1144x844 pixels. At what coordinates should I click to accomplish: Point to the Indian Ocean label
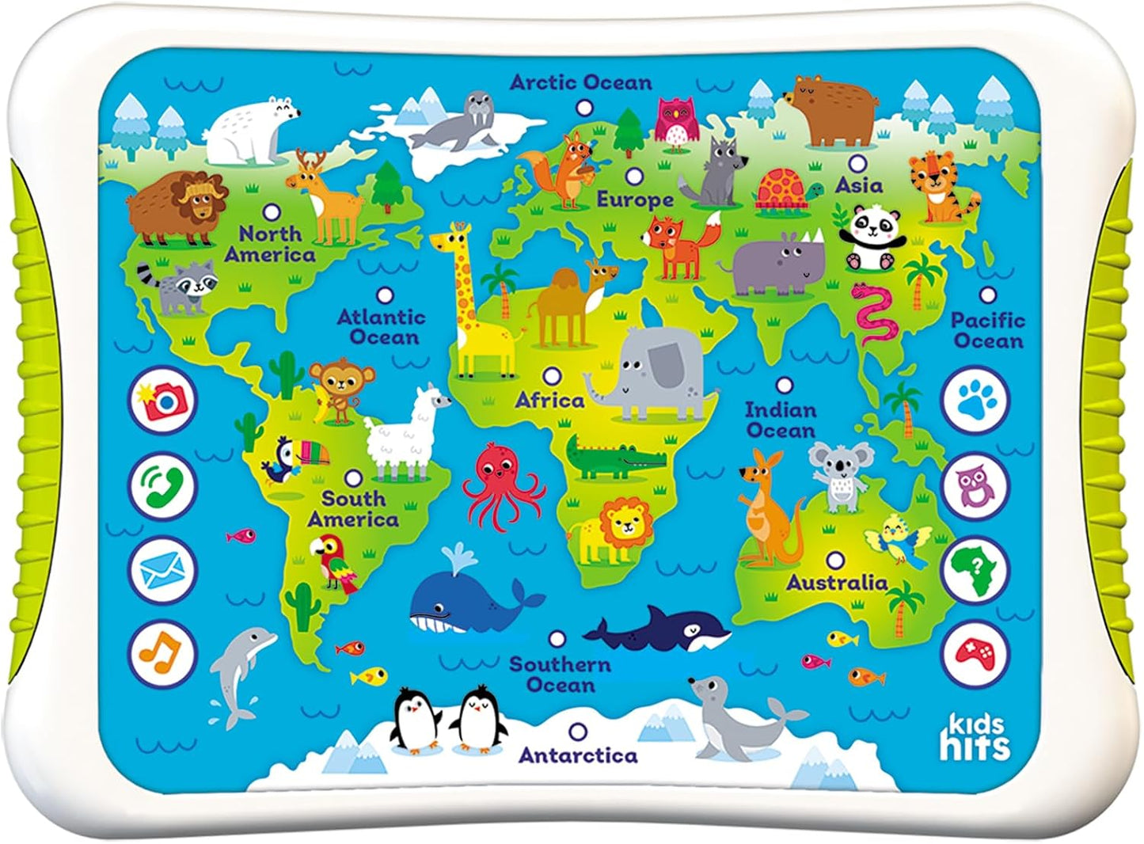point(781,420)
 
